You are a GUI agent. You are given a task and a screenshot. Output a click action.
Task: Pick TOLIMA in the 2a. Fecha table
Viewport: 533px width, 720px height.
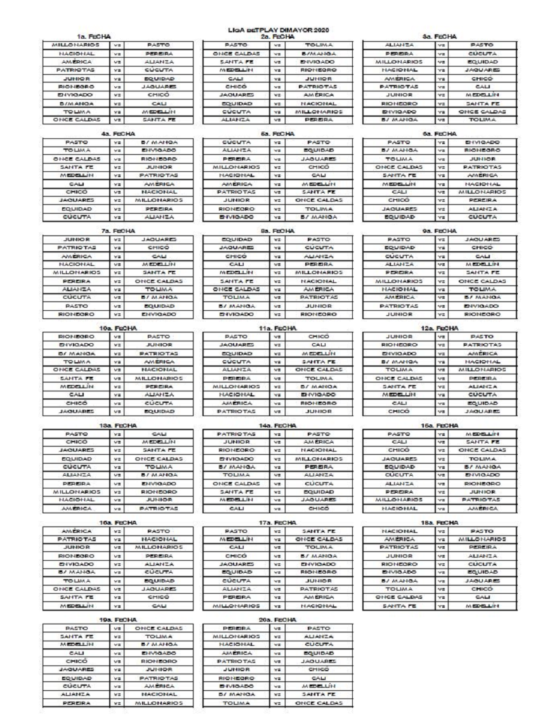pyautogui.click(x=315, y=46)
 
